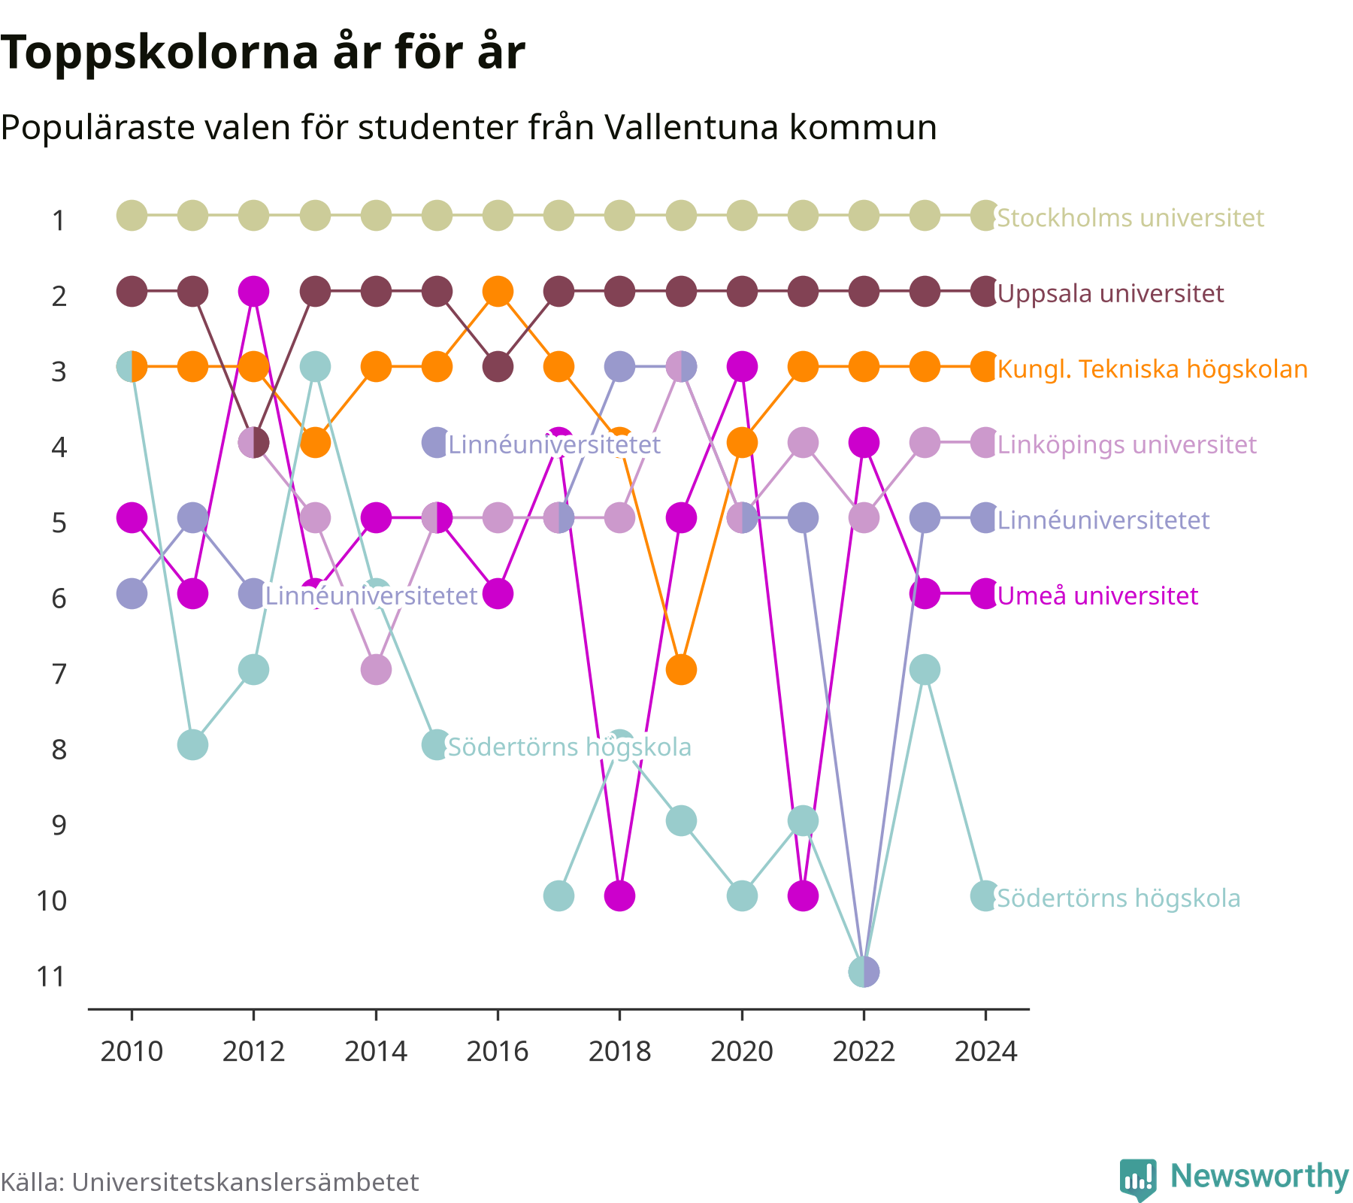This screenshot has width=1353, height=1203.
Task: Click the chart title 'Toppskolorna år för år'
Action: tap(262, 53)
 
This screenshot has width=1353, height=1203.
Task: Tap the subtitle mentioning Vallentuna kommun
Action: tap(468, 127)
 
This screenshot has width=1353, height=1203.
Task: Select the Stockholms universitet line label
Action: tap(1131, 218)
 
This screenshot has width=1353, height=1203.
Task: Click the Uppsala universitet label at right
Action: tap(1110, 293)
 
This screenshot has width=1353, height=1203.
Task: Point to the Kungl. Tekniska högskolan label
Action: tap(1152, 369)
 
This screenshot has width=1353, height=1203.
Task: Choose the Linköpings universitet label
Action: tap(1127, 444)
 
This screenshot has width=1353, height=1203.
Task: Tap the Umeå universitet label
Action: tap(1097, 595)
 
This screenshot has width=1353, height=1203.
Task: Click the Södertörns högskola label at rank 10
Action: tap(1118, 898)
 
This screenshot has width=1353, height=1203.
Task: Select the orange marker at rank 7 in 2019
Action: tap(681, 669)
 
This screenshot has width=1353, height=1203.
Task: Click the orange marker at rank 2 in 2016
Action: tap(498, 291)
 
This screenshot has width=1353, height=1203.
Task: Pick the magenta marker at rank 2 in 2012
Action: tap(253, 291)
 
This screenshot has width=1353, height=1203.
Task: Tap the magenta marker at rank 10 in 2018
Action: tap(619, 895)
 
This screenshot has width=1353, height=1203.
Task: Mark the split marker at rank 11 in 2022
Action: tap(864, 971)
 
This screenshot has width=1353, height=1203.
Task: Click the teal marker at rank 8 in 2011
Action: tap(192, 744)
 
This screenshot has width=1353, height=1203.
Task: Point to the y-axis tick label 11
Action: tap(52, 976)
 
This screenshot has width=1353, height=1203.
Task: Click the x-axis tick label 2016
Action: tap(498, 1051)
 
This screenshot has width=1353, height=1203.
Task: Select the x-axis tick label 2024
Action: tap(985, 1051)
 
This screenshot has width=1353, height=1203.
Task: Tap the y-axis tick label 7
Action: tap(59, 674)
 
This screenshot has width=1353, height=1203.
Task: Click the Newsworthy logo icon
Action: tap(1138, 1179)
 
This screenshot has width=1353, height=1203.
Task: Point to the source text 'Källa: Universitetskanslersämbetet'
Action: tap(210, 1182)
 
